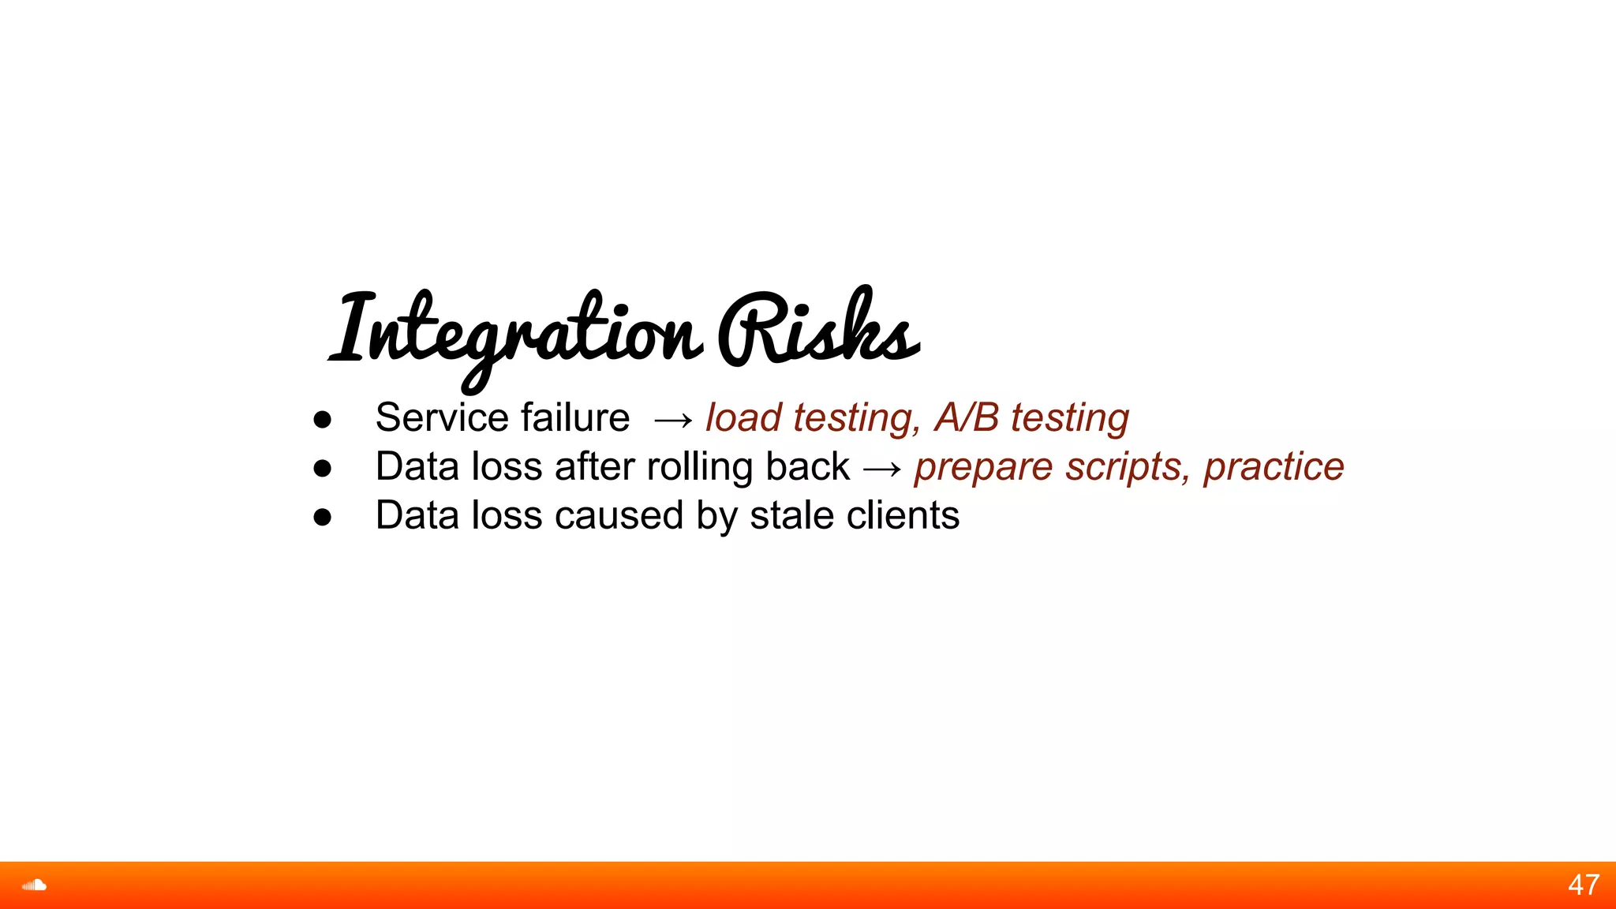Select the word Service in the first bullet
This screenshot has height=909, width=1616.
(x=441, y=417)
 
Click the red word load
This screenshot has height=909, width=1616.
(x=743, y=417)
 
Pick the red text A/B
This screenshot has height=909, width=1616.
(x=966, y=417)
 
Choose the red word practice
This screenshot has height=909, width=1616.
(x=1274, y=466)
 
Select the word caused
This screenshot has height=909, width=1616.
(x=620, y=516)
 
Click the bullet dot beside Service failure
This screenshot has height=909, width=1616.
(x=322, y=420)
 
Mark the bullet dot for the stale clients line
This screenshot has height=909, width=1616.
(x=322, y=518)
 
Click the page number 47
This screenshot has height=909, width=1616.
(x=1584, y=885)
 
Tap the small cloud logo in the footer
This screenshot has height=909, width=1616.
(x=35, y=885)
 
